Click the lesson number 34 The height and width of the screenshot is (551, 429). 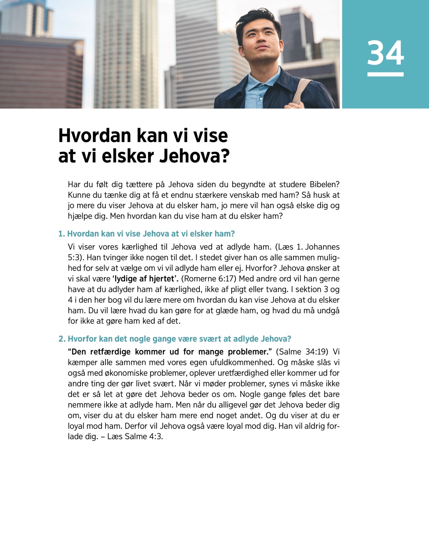pyautogui.click(x=385, y=53)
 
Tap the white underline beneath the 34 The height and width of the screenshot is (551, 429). pyautogui.click(x=385, y=74)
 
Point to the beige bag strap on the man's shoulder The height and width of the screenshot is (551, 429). pyautogui.click(x=302, y=91)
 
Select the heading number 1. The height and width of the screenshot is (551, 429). pyautogui.click(x=61, y=234)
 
